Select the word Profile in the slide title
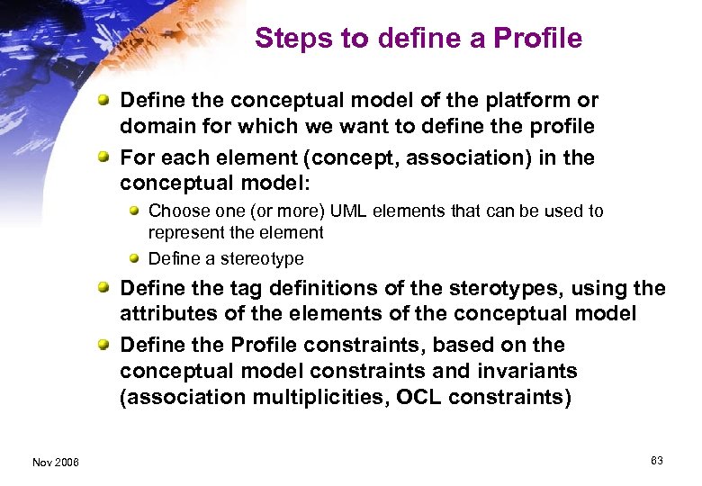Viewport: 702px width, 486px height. click(539, 39)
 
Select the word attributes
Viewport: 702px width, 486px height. click(163, 313)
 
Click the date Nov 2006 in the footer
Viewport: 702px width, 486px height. click(55, 463)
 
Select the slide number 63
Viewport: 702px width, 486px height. click(656, 461)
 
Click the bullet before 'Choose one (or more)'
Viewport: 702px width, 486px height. click(134, 211)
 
